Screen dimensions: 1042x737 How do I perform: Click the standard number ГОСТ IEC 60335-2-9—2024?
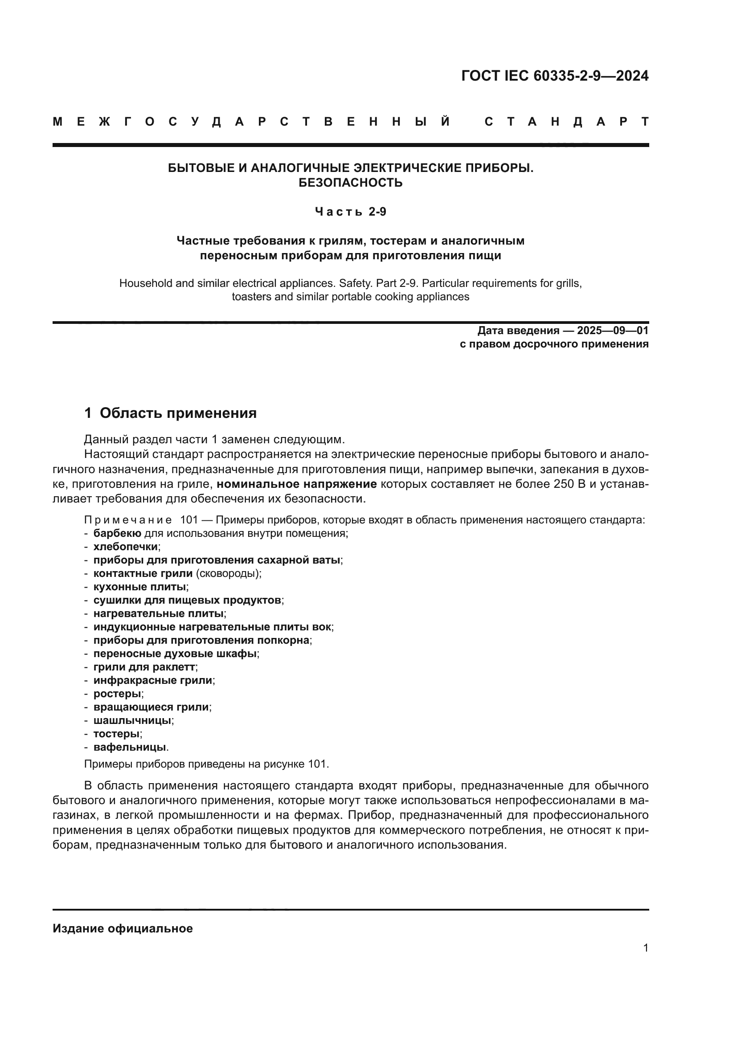pyautogui.click(x=555, y=76)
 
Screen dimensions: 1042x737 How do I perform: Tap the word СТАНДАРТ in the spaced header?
pyautogui.click(x=566, y=122)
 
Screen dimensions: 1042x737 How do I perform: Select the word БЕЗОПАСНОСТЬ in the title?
pyautogui.click(x=350, y=183)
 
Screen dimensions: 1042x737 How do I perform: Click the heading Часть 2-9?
pyautogui.click(x=350, y=212)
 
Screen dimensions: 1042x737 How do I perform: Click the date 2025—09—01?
pyautogui.click(x=613, y=331)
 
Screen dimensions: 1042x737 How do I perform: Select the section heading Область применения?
pyautogui.click(x=178, y=413)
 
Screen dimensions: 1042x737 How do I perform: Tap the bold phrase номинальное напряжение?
pyautogui.click(x=297, y=484)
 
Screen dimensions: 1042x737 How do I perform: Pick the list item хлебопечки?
pyautogui.click(x=126, y=547)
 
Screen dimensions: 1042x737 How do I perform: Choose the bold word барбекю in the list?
pyautogui.click(x=117, y=533)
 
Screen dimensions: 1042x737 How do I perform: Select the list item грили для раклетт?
pyautogui.click(x=144, y=667)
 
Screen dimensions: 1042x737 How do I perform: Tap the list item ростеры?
pyautogui.click(x=117, y=694)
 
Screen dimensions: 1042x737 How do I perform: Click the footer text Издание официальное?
pyautogui.click(x=123, y=928)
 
